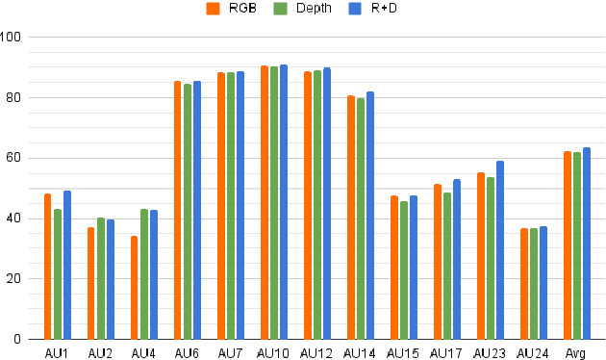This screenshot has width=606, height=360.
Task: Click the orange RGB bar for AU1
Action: pyautogui.click(x=47, y=267)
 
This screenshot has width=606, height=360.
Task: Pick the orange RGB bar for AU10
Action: pyautogui.click(x=264, y=202)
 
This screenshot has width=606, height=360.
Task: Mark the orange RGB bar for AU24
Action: pyautogui.click(x=524, y=284)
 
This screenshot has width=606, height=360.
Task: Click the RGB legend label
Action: pyautogui.click(x=241, y=10)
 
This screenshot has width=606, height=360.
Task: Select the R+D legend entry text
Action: pyautogui.click(x=384, y=10)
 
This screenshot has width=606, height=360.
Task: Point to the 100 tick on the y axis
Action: pyautogui.click(x=13, y=38)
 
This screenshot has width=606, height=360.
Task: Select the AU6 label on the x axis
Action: pyautogui.click(x=187, y=352)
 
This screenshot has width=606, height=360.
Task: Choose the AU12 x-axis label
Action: pyautogui.click(x=316, y=352)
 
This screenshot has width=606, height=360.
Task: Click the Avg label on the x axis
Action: pyautogui.click(x=576, y=352)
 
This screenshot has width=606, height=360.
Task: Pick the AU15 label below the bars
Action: pyautogui.click(x=403, y=352)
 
